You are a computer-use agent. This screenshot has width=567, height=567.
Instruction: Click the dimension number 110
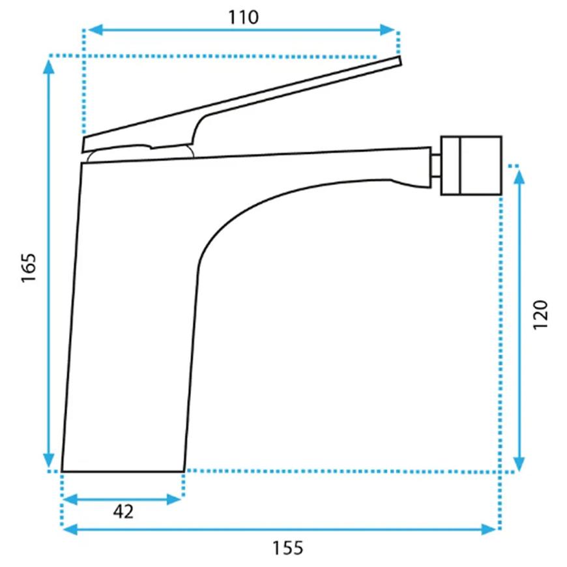[x=243, y=17]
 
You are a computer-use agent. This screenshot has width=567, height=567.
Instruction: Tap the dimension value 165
[x=29, y=268]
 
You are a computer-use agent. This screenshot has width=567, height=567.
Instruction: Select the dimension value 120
[x=540, y=315]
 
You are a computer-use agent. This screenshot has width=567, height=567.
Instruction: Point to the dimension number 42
[x=123, y=512]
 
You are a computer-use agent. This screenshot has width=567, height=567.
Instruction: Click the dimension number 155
[x=287, y=548]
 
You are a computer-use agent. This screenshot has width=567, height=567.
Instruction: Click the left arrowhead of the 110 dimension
[x=95, y=30]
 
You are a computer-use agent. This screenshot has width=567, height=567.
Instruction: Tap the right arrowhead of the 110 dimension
[x=387, y=30]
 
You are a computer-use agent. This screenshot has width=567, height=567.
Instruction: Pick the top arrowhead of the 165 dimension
[x=49, y=66]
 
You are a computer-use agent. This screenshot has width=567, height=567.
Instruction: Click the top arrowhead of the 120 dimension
[x=519, y=176]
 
